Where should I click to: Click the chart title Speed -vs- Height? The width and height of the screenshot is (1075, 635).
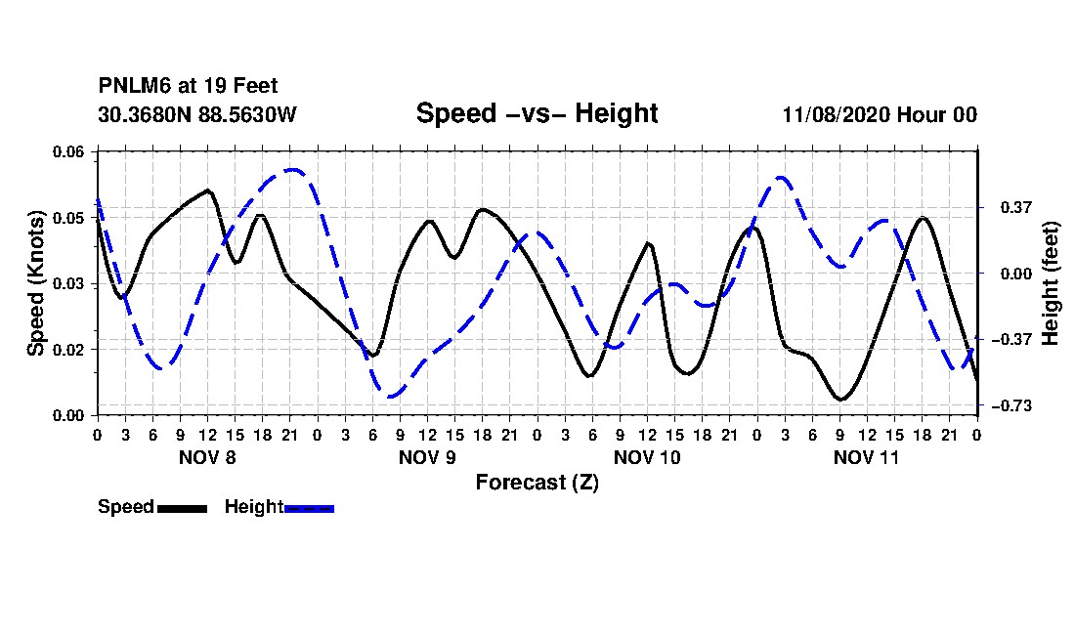(537, 113)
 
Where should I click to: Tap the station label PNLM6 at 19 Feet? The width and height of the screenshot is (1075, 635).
(188, 86)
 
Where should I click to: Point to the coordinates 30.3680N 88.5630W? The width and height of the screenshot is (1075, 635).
(196, 114)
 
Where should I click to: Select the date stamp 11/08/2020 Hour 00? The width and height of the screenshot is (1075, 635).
(880, 114)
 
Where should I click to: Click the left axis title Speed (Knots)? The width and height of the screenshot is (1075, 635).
(35, 283)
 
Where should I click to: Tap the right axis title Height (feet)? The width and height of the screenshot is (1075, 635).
(1051, 283)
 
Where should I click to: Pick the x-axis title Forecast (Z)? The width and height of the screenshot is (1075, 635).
(537, 483)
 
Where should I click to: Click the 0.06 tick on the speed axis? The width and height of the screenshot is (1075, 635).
(67, 151)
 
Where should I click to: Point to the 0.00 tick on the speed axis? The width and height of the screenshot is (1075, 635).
(67, 416)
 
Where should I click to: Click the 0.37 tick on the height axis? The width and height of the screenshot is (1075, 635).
(1016, 207)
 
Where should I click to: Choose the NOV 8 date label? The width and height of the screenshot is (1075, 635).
(207, 457)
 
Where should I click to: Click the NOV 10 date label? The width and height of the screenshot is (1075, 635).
(647, 457)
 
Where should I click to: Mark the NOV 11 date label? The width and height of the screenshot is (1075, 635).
(866, 457)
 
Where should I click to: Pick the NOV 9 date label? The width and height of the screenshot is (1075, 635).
(427, 457)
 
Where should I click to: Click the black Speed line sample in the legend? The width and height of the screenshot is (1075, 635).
(182, 508)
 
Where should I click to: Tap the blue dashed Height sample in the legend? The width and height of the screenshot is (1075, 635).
(309, 508)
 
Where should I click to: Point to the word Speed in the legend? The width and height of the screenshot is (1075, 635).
(126, 507)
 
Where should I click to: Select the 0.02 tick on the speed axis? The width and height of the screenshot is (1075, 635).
(67, 350)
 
